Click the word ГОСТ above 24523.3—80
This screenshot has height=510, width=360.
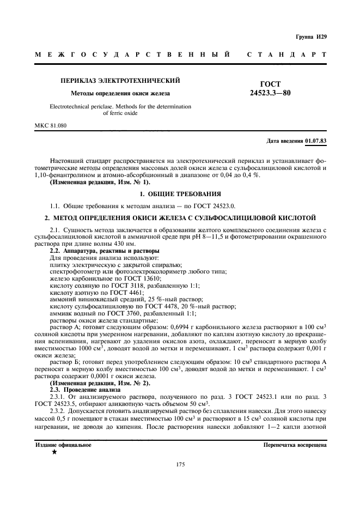[x=271, y=84]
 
